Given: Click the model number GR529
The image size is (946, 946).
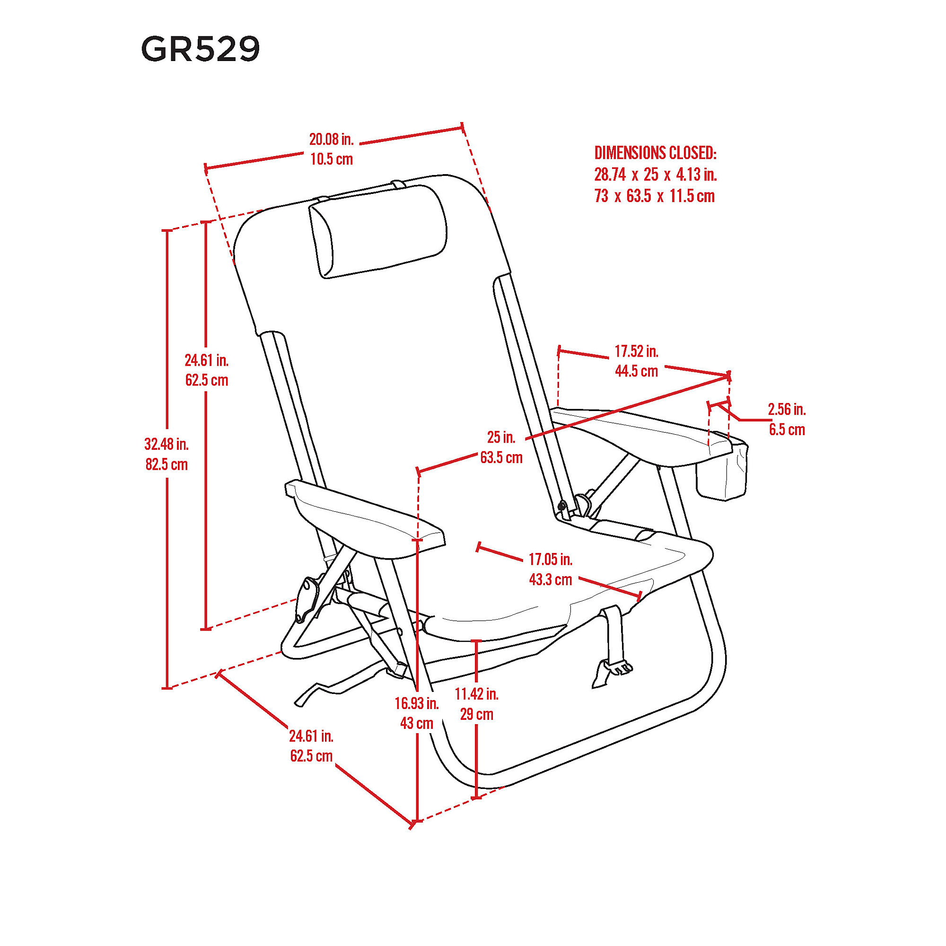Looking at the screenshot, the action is [x=200, y=50].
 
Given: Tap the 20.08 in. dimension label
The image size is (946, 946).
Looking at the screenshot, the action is [x=332, y=140].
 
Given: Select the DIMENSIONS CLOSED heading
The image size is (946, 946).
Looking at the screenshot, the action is [x=655, y=153].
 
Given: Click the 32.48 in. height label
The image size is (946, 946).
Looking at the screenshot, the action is [x=166, y=444].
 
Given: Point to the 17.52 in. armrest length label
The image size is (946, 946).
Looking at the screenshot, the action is [x=637, y=351].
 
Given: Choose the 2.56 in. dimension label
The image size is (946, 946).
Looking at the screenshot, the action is [x=787, y=409].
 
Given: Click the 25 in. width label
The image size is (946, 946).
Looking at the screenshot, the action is [x=501, y=437].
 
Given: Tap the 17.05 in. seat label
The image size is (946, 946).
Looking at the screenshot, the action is [x=551, y=559].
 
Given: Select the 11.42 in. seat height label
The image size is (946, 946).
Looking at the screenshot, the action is [x=476, y=694].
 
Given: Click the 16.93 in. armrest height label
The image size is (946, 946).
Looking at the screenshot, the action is [x=417, y=703].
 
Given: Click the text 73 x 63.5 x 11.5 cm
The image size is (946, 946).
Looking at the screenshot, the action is [x=655, y=196].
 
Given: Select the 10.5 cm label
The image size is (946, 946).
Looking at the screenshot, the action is [x=332, y=159].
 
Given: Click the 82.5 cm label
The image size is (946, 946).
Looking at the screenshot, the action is [x=166, y=464].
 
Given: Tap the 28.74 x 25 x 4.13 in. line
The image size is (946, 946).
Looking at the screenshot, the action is [x=656, y=175].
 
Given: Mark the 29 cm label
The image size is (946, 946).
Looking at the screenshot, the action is [x=476, y=714].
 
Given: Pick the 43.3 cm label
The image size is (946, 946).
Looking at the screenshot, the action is [x=551, y=580].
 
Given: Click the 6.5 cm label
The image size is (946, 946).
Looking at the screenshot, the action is [x=787, y=430].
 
